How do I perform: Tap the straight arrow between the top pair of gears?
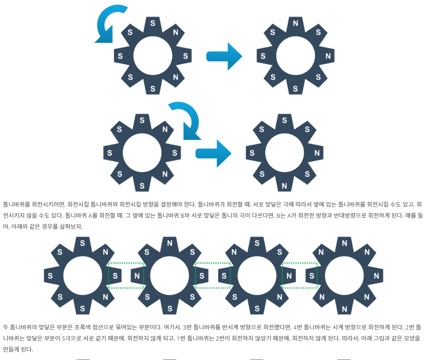(x=224, y=56)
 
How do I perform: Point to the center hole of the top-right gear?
(x=295, y=56)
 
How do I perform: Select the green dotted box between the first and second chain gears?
(x=126, y=276)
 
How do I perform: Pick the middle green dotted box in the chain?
(x=213, y=276)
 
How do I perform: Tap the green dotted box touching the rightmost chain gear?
(x=300, y=276)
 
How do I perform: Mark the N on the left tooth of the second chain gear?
(x=137, y=276)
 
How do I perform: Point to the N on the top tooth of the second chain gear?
(x=169, y=243)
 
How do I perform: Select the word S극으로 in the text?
(x=69, y=338)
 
